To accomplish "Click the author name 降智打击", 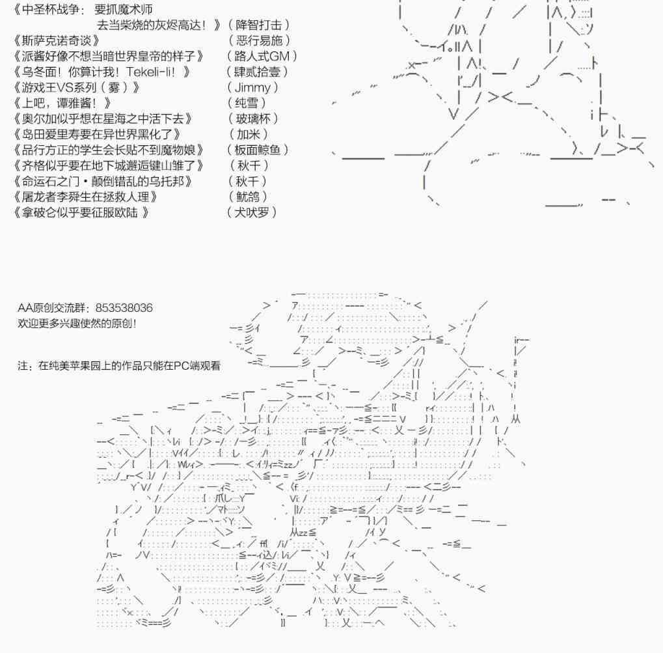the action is pos(260,25).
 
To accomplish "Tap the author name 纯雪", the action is pos(248,103).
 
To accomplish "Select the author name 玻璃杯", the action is pos(253,118).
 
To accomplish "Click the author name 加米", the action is pos(248,134).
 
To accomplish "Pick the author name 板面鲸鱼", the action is pos(258,150).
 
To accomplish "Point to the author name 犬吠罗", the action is pos(252,212).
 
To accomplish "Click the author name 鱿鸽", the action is pos(248,197).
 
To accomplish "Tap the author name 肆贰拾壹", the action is pos(257,72).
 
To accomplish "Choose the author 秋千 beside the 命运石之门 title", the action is pos(248,181).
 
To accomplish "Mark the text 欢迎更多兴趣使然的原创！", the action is pos(77,324).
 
